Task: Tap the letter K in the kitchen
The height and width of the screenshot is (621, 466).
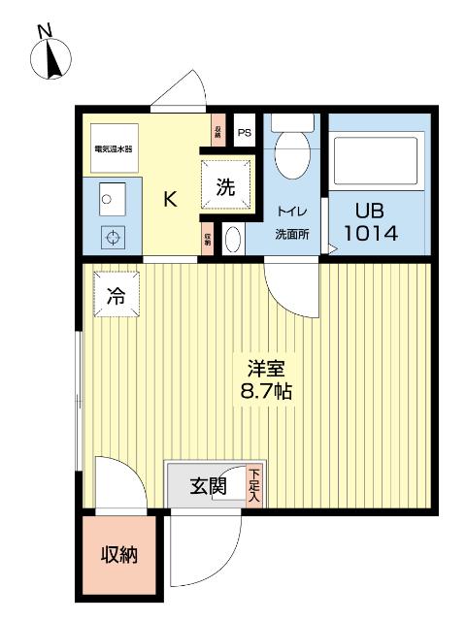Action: [169, 200]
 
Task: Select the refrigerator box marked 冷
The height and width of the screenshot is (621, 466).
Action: [116, 294]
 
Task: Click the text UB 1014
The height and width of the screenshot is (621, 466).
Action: [370, 222]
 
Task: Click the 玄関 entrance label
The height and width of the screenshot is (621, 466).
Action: [207, 485]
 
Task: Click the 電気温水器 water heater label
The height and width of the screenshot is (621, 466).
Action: [114, 149]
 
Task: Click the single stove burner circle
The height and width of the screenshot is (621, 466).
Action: [114, 236]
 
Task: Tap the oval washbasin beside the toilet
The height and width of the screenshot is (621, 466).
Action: [233, 239]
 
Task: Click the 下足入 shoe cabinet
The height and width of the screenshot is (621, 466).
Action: [254, 483]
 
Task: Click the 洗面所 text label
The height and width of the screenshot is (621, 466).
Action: [289, 233]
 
